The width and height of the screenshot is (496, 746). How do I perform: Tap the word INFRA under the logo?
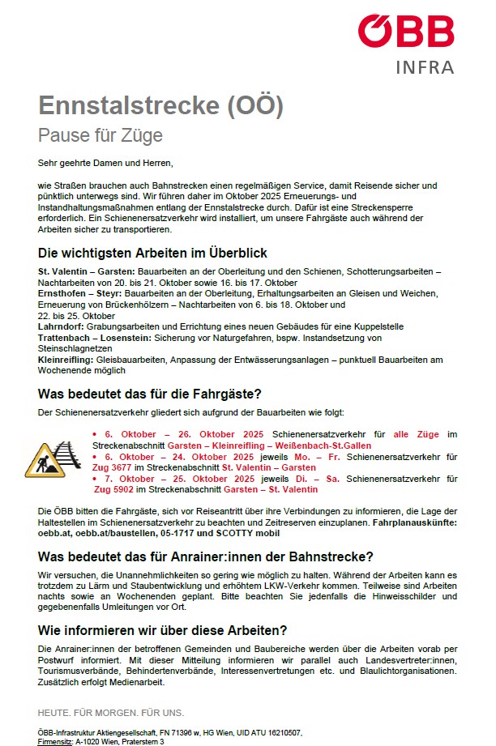coord(425,67)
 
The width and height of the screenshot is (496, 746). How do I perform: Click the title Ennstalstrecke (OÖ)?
coord(160,106)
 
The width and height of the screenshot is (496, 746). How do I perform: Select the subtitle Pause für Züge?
coord(100,134)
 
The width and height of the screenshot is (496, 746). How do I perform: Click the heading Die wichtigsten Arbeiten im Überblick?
coord(152,253)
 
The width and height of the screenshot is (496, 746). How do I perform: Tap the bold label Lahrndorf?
coord(62,326)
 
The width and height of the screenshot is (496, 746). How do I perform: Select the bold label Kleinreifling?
coord(68,359)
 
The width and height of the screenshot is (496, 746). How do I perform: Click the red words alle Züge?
coord(416,434)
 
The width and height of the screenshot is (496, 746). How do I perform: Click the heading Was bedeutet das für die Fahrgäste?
coord(150,394)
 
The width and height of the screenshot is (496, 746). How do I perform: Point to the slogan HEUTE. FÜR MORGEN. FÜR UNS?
coord(111,713)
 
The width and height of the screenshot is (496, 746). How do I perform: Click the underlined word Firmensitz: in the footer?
coord(55,741)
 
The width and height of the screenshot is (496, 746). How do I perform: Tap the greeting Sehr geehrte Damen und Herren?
coord(105,163)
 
